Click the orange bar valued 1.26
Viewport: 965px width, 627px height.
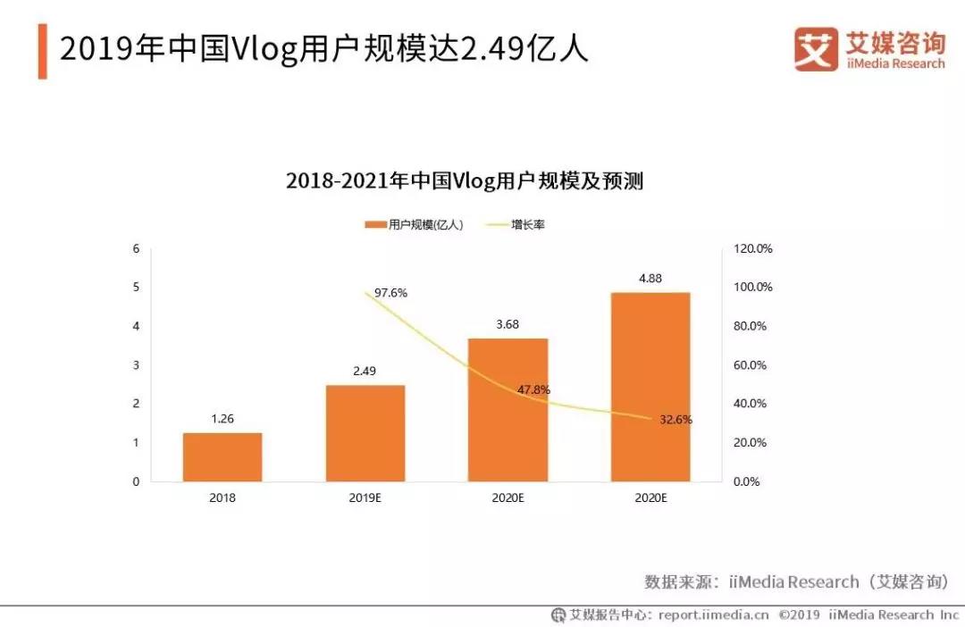[x=222, y=457]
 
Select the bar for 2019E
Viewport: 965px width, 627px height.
[x=365, y=433]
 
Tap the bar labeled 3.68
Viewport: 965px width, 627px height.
[x=508, y=410]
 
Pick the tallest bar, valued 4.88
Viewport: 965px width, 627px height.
[x=650, y=387]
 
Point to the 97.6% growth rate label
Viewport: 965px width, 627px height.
[x=390, y=293]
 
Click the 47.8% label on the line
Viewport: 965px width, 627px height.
[x=533, y=390]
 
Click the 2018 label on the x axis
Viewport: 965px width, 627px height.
[x=222, y=497]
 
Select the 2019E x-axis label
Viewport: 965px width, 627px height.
[x=365, y=497]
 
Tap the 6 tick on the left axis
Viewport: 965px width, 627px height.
[x=136, y=248]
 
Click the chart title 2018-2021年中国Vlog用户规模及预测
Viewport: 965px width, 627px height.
[x=465, y=181]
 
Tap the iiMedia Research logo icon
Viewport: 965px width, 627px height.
[x=816, y=49]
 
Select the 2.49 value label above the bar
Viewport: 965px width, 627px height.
[x=365, y=371]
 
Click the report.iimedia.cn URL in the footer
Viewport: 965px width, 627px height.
[x=713, y=614]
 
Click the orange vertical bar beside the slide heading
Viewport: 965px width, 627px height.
[x=42, y=51]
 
